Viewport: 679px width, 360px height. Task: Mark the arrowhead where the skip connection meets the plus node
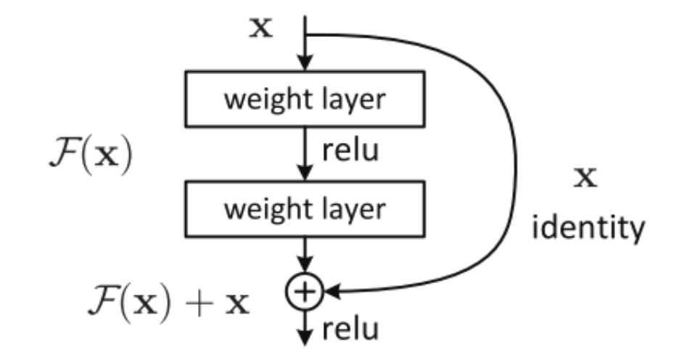pos(331,292)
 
